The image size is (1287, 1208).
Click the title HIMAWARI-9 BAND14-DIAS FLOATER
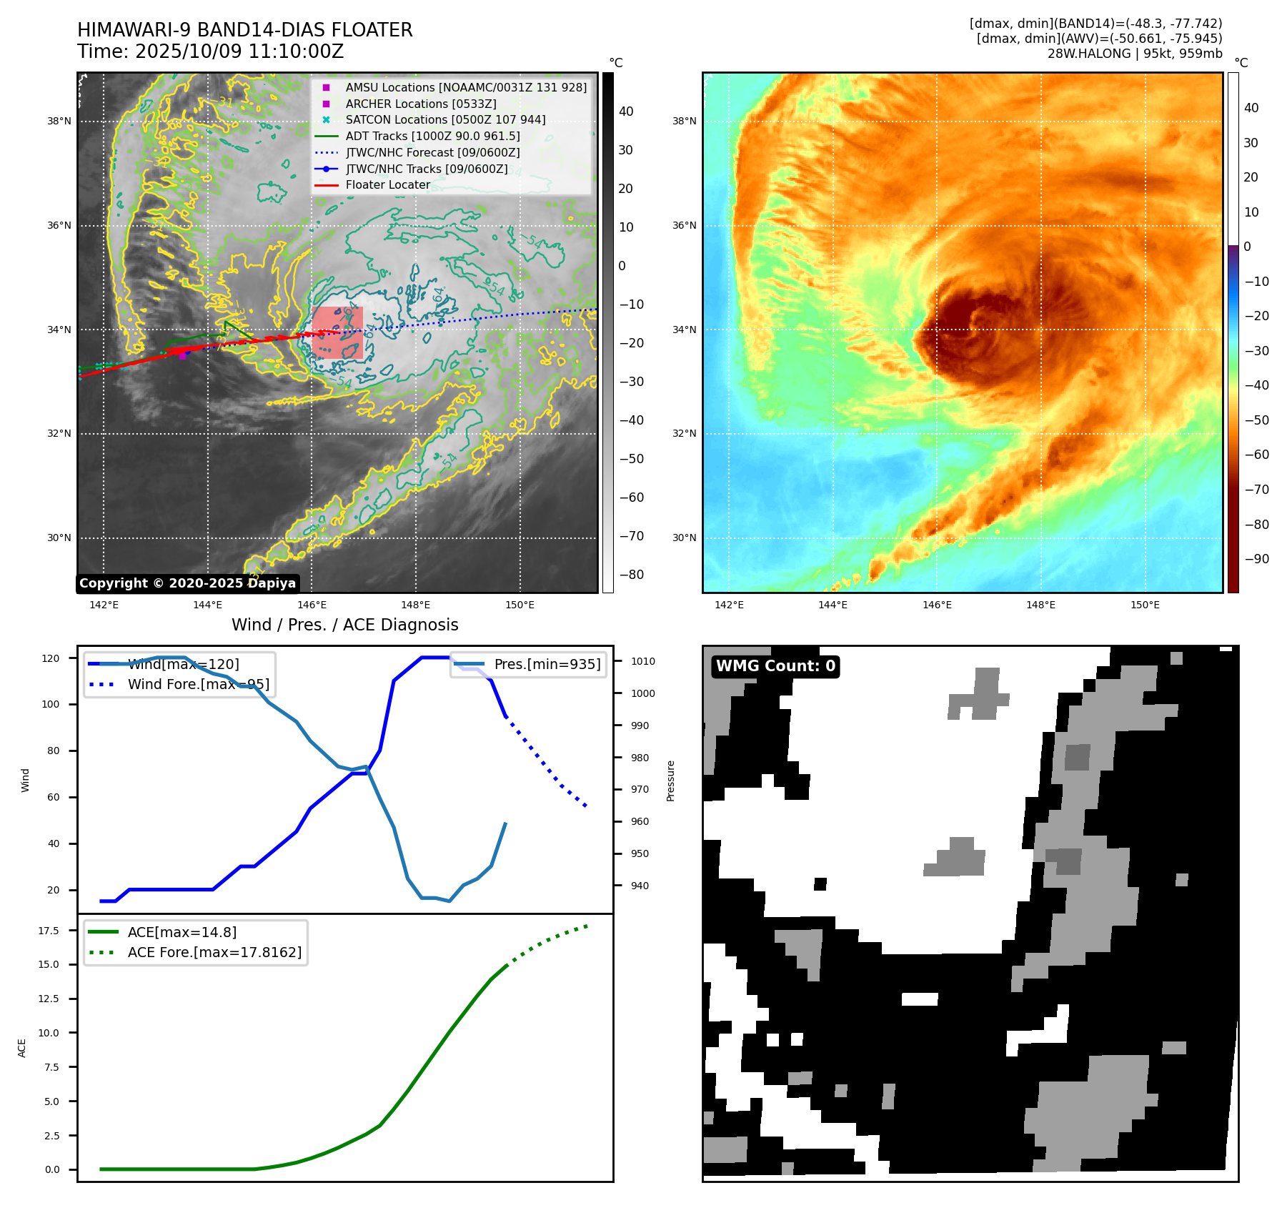coord(244,30)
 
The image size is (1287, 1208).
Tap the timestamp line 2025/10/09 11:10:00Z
coord(211,51)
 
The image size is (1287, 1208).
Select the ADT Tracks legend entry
coord(432,136)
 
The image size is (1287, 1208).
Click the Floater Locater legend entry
coord(387,184)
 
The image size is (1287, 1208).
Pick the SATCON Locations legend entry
coord(445,119)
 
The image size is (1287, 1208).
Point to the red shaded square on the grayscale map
coord(337,332)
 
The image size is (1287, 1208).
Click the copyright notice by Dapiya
coord(187,583)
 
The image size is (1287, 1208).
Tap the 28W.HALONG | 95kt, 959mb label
coord(1135,54)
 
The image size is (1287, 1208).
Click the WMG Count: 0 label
coord(775,666)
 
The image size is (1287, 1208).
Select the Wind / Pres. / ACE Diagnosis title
coord(344,625)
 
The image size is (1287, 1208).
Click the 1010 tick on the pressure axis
coord(642,661)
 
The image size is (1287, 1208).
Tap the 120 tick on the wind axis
coord(51,658)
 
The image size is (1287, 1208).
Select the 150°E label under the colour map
coord(1145,605)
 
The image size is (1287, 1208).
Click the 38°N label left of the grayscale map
coord(59,122)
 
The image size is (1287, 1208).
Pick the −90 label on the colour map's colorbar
coord(1256,559)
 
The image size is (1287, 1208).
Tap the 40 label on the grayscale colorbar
coord(626,112)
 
